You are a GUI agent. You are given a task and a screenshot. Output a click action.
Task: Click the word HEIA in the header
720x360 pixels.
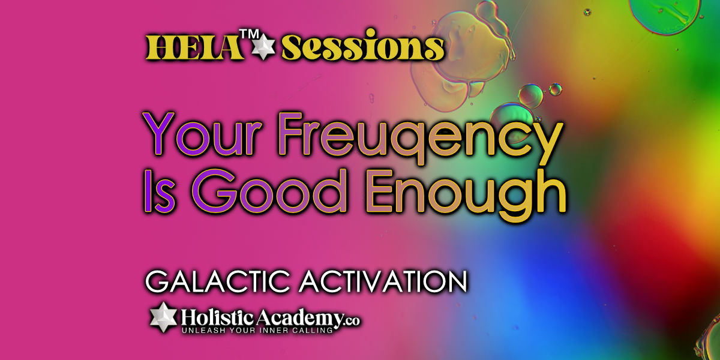pos(195,48)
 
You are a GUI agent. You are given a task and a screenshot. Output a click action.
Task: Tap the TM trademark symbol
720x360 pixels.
pos(249,34)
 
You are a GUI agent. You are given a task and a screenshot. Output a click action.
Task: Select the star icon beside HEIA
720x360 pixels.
pos(263,46)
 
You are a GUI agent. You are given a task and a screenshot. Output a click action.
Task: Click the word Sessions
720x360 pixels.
pos(363,46)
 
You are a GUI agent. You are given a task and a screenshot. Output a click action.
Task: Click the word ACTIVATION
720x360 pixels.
pos(383,281)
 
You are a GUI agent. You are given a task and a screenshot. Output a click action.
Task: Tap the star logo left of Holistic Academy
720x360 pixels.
pos(164,317)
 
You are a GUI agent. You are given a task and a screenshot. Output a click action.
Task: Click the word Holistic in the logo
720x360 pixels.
pos(218,317)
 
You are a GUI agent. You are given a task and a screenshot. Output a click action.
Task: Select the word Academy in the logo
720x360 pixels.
pos(299,319)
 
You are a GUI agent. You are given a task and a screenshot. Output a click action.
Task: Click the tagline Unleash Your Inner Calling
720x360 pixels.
pos(257,331)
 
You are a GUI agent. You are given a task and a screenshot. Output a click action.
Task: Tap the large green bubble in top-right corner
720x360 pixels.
pos(664,16)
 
